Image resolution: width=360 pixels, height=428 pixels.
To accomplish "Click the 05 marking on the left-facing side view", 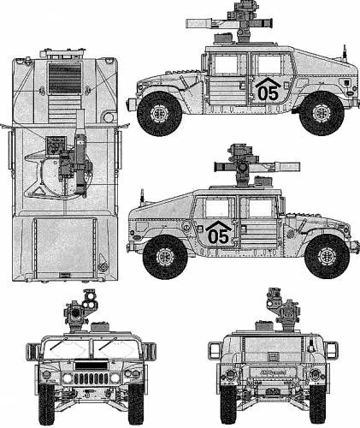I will coord(267,93).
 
